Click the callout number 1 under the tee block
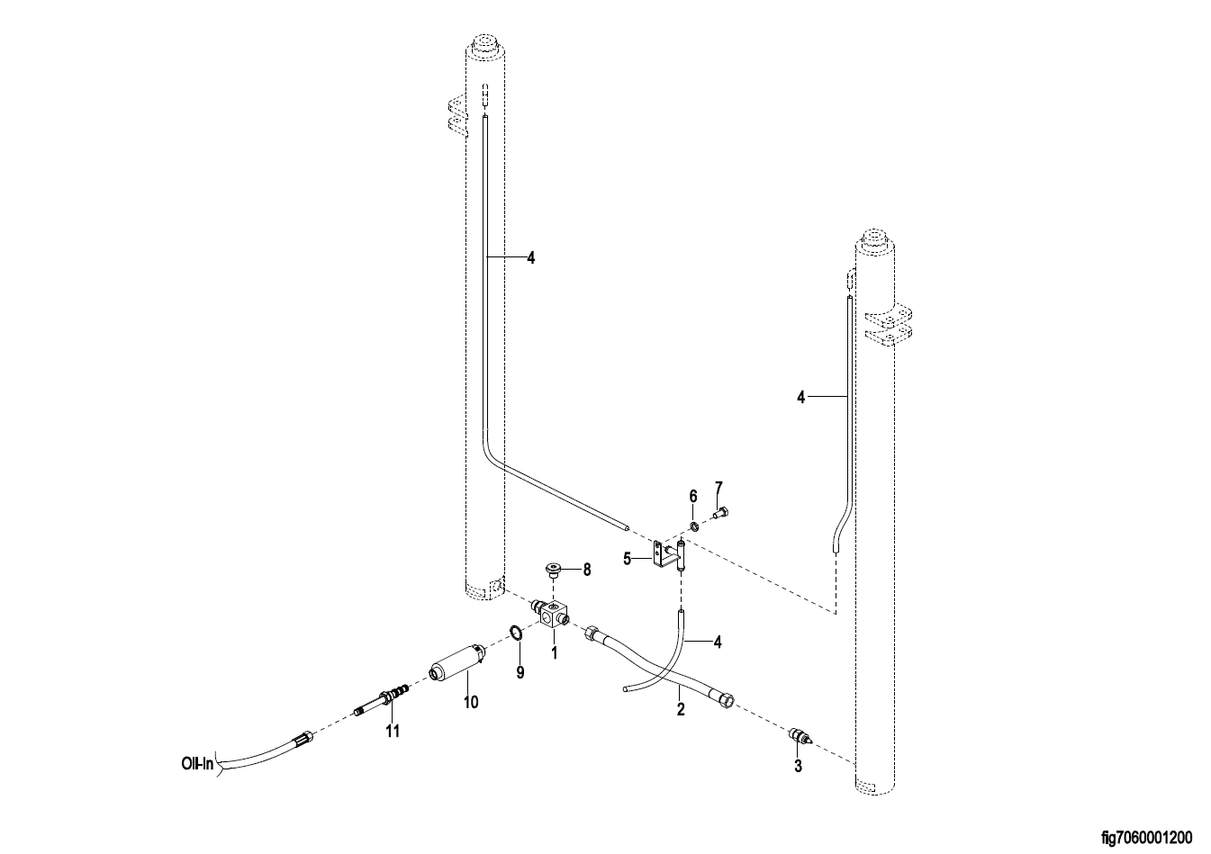pyautogui.click(x=554, y=652)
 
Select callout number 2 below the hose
pyautogui.click(x=681, y=708)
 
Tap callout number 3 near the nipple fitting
pyautogui.click(x=798, y=766)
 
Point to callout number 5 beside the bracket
pyautogui.click(x=628, y=559)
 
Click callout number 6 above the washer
pyautogui.click(x=693, y=496)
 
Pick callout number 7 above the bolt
pyautogui.click(x=718, y=488)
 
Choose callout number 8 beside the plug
pyautogui.click(x=586, y=570)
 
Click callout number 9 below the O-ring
pyautogui.click(x=520, y=672)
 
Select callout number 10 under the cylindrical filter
pyautogui.click(x=471, y=702)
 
